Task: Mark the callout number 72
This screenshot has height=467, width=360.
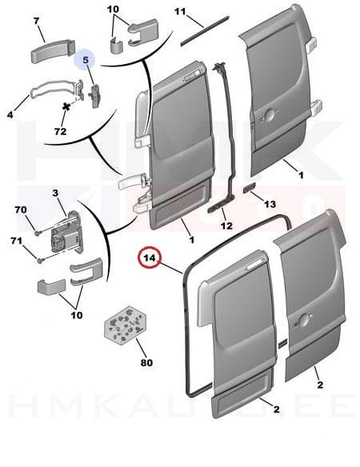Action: (59, 129)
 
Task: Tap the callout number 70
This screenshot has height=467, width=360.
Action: (20, 210)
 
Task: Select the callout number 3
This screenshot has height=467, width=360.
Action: (57, 193)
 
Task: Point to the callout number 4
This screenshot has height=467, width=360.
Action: (11, 115)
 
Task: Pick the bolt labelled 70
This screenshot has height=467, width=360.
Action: (38, 232)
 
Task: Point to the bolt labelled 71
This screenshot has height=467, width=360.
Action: (40, 257)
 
